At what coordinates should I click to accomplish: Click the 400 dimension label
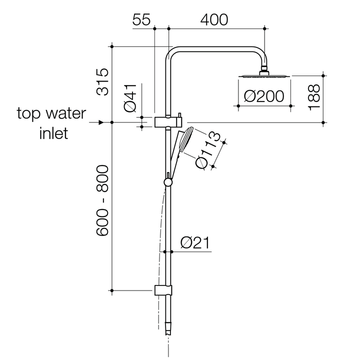[213, 19]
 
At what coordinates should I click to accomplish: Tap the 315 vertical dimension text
[103, 81]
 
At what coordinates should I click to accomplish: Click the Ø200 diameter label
[264, 95]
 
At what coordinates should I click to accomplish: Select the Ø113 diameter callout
[208, 150]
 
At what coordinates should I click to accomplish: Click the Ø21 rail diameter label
[194, 243]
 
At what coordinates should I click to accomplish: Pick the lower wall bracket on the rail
[163, 290]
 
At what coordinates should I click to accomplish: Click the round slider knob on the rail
[168, 182]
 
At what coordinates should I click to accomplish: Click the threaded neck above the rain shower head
[264, 69]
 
